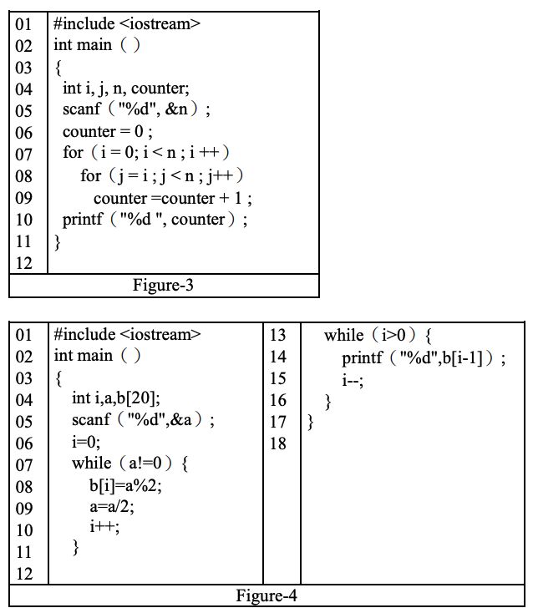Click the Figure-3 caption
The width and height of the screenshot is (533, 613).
pos(163,286)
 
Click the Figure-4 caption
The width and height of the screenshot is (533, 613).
pos(266,595)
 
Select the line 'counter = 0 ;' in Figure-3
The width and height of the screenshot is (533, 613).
pos(108,132)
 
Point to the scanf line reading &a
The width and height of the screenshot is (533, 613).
pos(143,420)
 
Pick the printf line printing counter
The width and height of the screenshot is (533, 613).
pos(155,220)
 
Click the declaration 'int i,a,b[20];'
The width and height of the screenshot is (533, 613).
pos(115,398)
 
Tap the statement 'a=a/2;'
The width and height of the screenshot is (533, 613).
pos(109,507)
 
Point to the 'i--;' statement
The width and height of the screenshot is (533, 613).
pos(353,379)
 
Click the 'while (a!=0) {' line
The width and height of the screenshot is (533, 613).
pos(130,464)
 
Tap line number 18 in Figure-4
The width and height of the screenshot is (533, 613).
pos(278,443)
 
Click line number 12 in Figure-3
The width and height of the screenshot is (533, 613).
pos(23,264)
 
